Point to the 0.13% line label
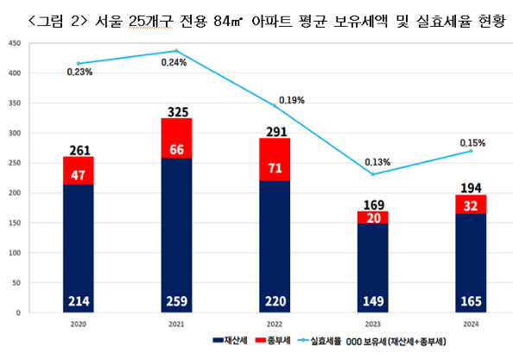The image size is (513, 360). click(x=377, y=161)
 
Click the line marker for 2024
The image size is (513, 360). click(x=470, y=151)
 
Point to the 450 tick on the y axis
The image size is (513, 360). click(x=13, y=43)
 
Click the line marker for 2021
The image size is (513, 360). click(x=176, y=51)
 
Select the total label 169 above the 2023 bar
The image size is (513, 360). click(x=371, y=204)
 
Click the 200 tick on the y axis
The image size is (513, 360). click(x=13, y=193)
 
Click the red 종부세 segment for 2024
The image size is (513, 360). click(x=470, y=205)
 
